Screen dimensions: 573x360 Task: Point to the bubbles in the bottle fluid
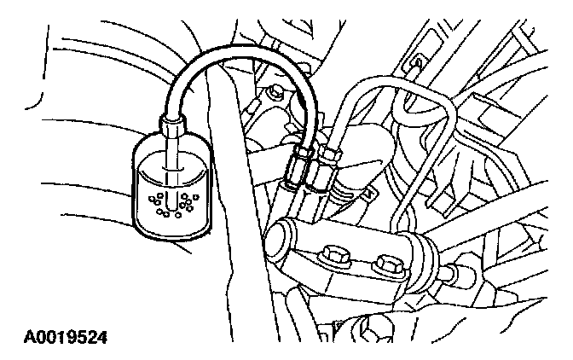pyautogui.click(x=171, y=204)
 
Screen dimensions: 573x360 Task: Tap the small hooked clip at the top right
pyautogui.click(x=417, y=64)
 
